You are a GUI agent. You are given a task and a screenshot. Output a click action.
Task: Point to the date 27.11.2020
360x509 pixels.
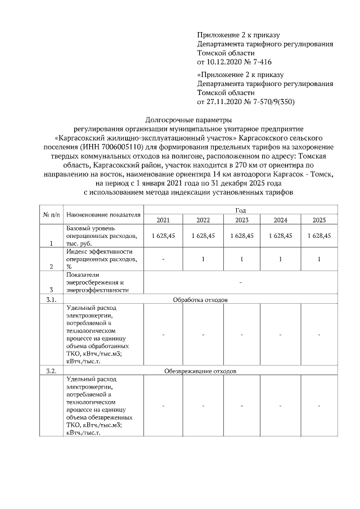[x=225, y=102]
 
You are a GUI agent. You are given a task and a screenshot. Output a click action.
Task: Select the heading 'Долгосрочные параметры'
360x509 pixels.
[x=188, y=120]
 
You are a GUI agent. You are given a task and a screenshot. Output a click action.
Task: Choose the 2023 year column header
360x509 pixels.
[x=242, y=219]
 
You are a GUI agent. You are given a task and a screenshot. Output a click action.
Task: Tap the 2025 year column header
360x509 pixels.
[x=318, y=219]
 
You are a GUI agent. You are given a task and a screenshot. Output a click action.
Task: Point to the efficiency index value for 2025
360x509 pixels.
[x=318, y=259]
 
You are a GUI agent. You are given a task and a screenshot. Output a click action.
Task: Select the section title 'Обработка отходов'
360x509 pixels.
[x=200, y=300]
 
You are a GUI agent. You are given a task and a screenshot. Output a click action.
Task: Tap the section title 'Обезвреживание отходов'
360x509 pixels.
[x=200, y=372]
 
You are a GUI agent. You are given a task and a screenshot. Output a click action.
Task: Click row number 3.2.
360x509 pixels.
[x=50, y=372]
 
